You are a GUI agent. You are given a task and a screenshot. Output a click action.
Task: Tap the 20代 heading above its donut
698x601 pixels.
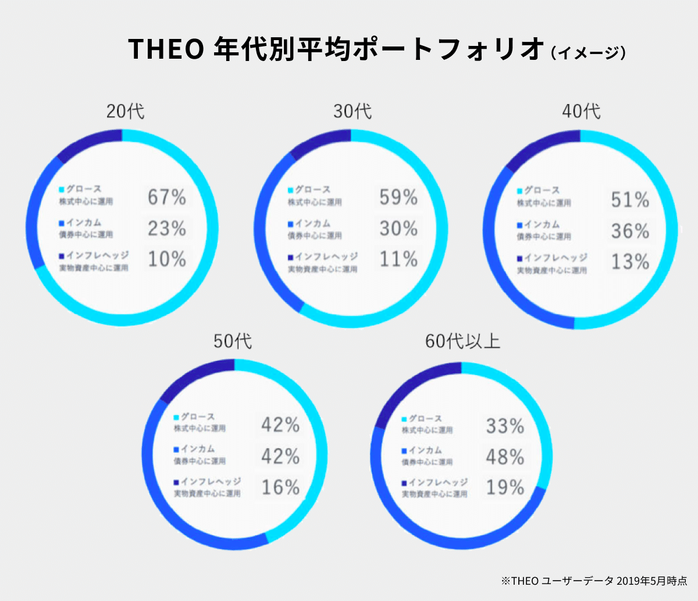click(x=125, y=111)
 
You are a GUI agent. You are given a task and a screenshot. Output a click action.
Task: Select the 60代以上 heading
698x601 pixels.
click(x=462, y=341)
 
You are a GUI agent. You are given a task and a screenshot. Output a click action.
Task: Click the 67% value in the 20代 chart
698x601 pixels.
click(x=167, y=198)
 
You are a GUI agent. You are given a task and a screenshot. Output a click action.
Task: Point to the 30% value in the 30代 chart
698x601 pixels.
click(x=398, y=228)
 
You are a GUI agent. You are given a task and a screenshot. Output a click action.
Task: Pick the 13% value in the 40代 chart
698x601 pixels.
click(x=630, y=262)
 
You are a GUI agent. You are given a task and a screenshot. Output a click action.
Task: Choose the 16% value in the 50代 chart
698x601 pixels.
click(x=280, y=487)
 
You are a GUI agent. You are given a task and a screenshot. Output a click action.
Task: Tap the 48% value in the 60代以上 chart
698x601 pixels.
click(x=505, y=457)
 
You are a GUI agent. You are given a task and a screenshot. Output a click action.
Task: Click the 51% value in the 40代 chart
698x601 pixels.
click(x=630, y=200)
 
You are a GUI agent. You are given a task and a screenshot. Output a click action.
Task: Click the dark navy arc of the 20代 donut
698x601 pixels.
click(x=87, y=144)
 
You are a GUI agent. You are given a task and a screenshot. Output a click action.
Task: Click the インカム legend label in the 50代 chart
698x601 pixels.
click(x=198, y=449)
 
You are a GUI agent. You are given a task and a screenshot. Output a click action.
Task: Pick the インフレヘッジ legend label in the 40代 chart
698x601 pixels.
click(x=555, y=257)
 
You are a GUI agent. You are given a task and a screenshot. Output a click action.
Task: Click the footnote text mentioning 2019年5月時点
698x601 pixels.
click(x=594, y=580)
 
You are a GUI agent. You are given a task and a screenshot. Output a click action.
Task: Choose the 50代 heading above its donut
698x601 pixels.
click(x=233, y=341)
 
